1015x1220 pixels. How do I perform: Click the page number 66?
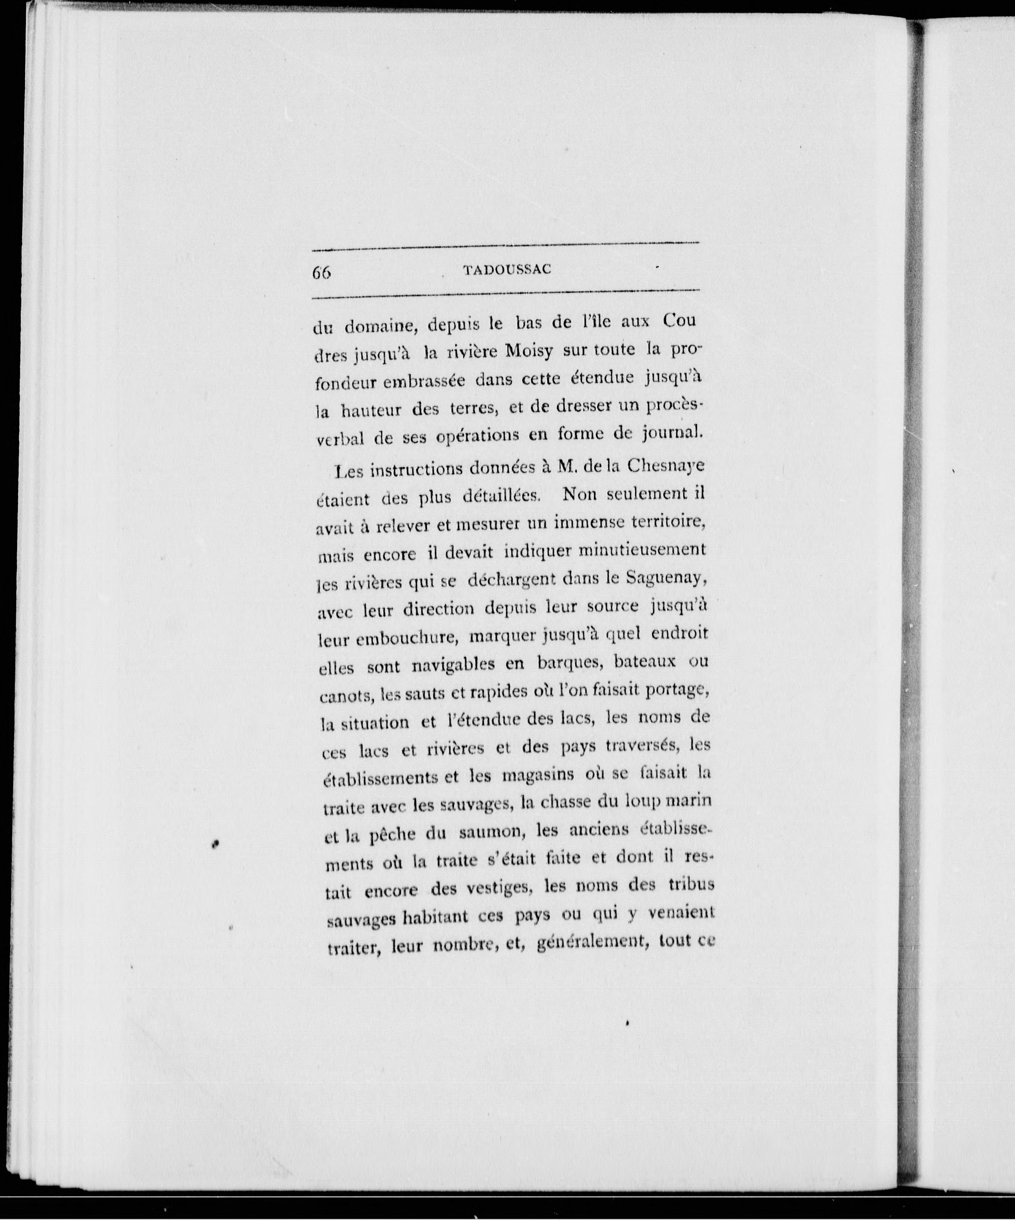tap(321, 273)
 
